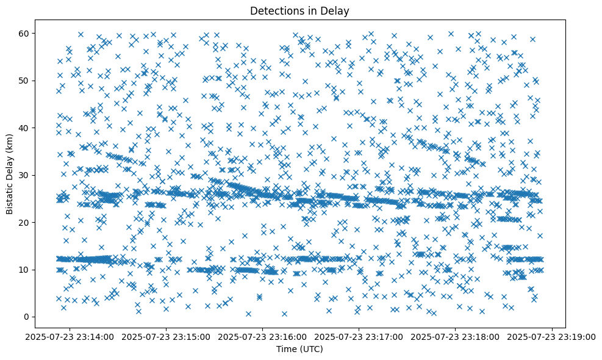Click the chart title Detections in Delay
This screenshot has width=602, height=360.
299,10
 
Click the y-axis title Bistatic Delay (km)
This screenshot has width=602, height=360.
10,173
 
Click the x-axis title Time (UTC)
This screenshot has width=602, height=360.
299,349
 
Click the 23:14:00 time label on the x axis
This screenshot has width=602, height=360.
70,336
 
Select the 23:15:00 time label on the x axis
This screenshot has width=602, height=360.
167,336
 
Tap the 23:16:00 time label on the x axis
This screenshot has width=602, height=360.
263,336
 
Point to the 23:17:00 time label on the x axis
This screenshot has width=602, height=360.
359,336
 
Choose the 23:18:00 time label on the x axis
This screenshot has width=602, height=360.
456,336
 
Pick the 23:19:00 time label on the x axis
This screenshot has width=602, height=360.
552,336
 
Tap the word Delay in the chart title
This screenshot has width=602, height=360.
337,10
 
